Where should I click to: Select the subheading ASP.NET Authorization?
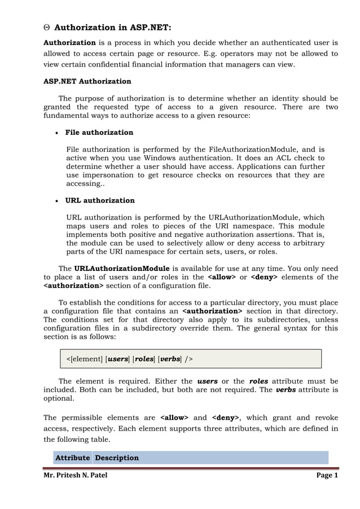(87, 81)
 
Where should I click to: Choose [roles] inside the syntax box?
(144, 359)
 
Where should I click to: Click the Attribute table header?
(72, 458)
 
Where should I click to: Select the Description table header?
(117, 458)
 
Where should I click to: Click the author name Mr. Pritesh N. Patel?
(76, 475)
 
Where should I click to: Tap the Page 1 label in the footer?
(327, 475)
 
